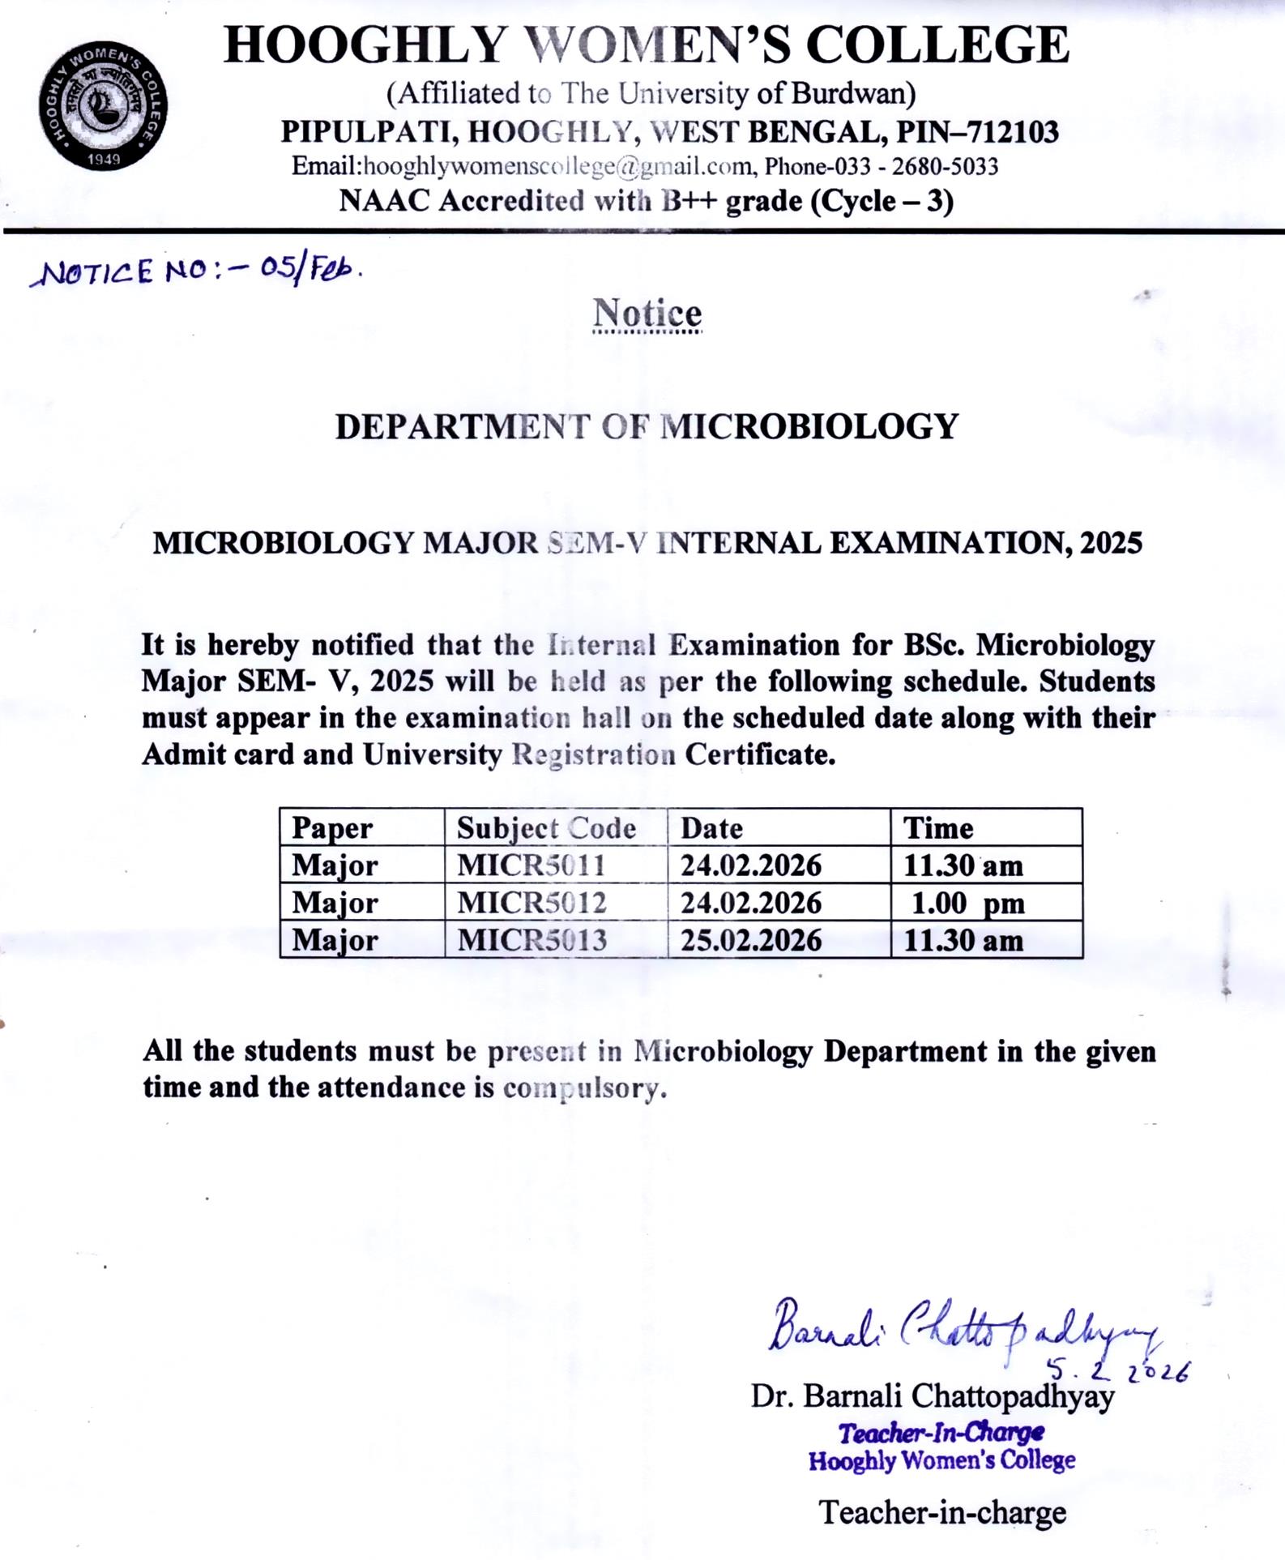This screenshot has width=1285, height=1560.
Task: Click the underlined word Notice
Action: (x=647, y=314)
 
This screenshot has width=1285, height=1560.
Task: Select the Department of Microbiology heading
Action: (x=647, y=427)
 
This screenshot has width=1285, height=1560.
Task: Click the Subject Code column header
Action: (x=546, y=828)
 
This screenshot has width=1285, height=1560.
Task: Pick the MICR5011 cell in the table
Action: (x=532, y=865)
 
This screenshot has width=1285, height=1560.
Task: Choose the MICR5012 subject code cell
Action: (x=532, y=903)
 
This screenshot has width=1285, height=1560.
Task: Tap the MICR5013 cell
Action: (x=532, y=940)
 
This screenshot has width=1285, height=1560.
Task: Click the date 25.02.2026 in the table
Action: (x=751, y=940)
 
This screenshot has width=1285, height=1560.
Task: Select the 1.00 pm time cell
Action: (x=967, y=903)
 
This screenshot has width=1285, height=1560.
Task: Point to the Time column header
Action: (x=938, y=828)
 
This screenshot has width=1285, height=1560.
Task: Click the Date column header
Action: (x=711, y=828)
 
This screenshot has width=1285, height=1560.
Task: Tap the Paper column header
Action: (x=332, y=828)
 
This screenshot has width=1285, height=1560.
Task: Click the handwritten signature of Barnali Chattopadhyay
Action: (x=956, y=1329)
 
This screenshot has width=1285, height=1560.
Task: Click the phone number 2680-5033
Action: (x=945, y=167)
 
